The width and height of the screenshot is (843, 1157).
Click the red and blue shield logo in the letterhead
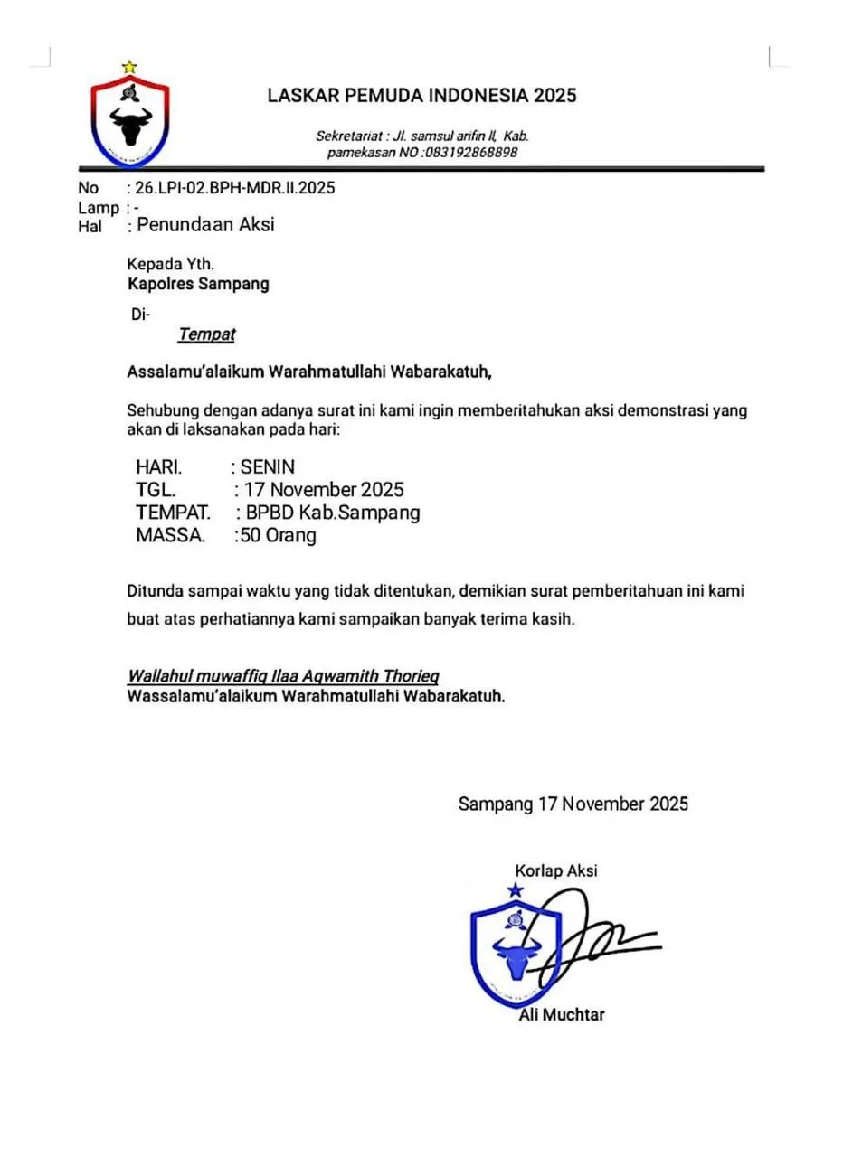(x=130, y=121)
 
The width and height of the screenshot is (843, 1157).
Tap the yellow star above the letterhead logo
(x=129, y=66)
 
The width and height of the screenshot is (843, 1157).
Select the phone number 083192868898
(x=470, y=153)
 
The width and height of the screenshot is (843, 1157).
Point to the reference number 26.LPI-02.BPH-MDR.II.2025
(x=235, y=189)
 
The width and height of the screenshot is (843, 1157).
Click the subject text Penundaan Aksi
(x=205, y=225)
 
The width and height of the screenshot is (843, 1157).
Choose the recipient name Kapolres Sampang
(x=198, y=284)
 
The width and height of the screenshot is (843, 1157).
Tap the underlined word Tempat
(x=206, y=334)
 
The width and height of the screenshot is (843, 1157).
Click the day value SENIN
(x=268, y=467)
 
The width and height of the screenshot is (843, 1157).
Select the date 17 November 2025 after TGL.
(x=322, y=490)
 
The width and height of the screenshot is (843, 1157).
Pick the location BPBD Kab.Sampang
(x=334, y=513)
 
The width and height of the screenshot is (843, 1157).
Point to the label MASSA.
(x=170, y=536)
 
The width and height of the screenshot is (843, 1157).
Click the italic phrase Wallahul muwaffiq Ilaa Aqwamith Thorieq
(x=283, y=676)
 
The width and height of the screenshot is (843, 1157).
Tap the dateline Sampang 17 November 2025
(x=573, y=804)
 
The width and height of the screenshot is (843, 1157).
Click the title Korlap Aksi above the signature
(x=555, y=871)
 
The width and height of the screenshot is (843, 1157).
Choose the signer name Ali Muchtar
(x=561, y=1014)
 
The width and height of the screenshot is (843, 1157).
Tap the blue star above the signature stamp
(x=516, y=890)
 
